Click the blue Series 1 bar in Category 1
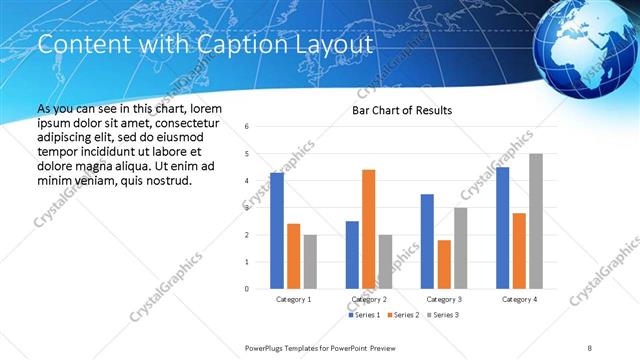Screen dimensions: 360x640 tap(277, 231)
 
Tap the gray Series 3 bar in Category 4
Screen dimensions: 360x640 tap(536, 221)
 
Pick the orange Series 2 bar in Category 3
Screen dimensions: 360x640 tap(444, 264)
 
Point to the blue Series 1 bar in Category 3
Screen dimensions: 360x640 tap(427, 241)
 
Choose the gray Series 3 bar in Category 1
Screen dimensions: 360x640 tap(310, 262)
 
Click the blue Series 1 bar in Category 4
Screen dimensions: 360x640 tap(502, 228)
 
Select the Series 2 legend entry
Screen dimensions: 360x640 tap(400, 315)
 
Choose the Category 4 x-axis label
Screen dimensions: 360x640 tap(519, 299)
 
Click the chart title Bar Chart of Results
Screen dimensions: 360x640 tap(402, 110)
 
